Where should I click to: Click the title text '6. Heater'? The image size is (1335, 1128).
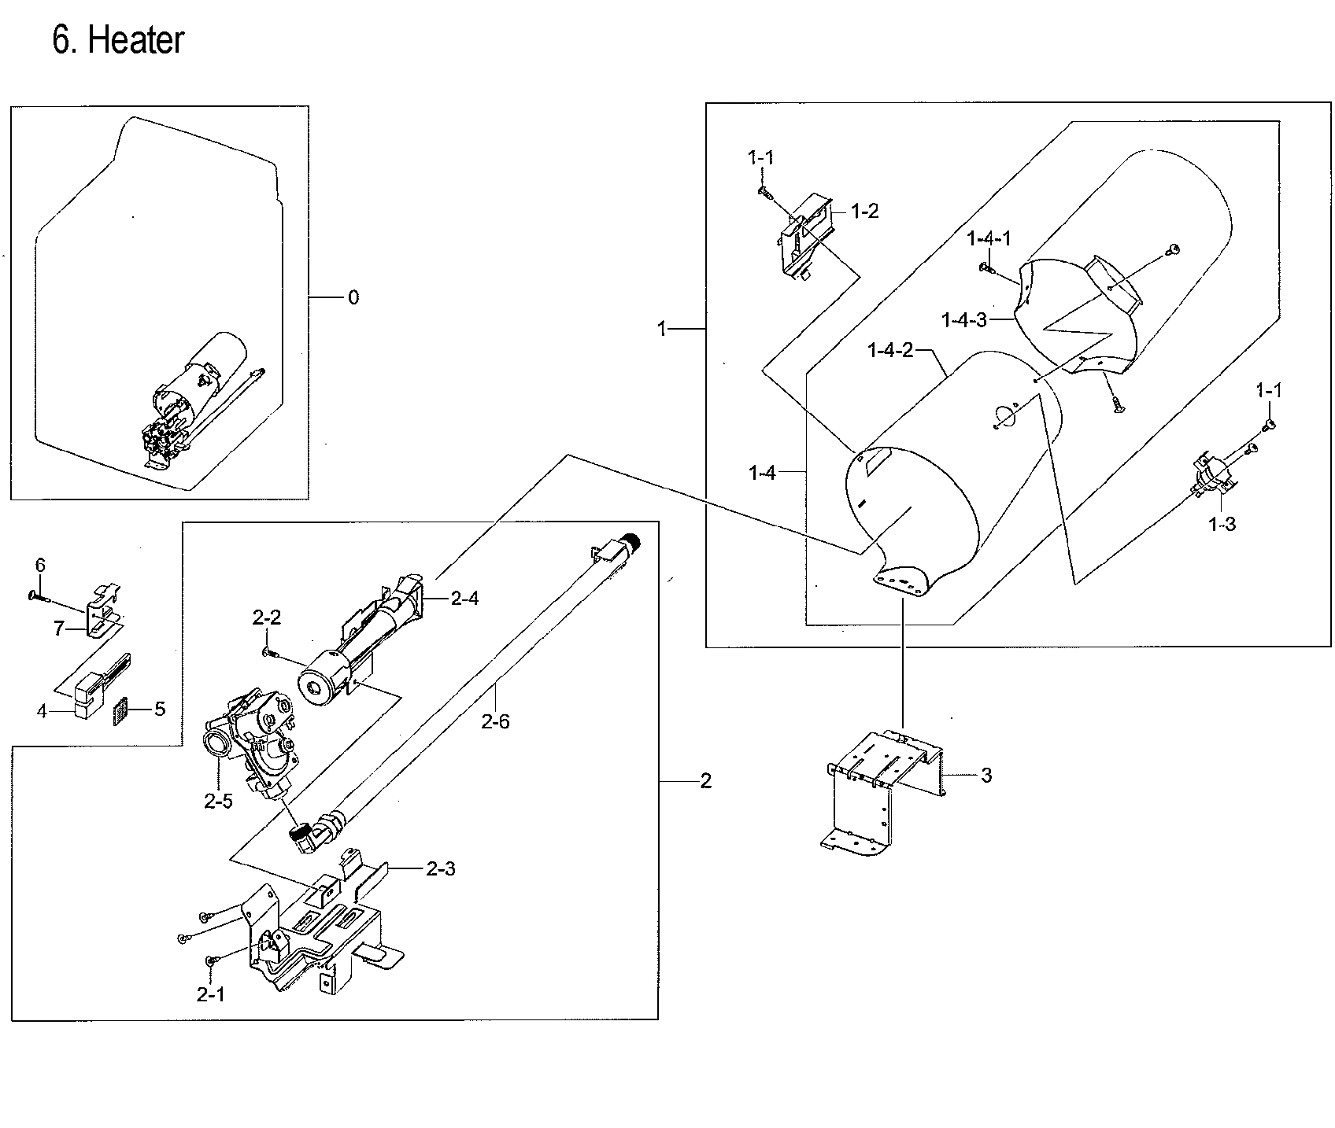coord(118,39)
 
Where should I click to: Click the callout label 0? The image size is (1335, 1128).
coord(353,297)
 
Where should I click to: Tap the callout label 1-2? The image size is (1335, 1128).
coord(864,211)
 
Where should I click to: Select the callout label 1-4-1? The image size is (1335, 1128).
coord(989,238)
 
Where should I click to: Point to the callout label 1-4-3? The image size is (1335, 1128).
coord(964,319)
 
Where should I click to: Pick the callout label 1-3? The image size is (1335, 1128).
coord(1222,524)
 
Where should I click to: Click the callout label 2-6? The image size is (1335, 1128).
coord(495,721)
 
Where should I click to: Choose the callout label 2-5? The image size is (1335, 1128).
coord(218,801)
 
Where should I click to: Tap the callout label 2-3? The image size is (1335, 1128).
coord(440,868)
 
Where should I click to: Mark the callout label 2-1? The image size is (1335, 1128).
coord(210,994)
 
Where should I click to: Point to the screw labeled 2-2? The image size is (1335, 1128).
coord(268,650)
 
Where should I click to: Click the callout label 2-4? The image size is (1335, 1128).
coord(464,599)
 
